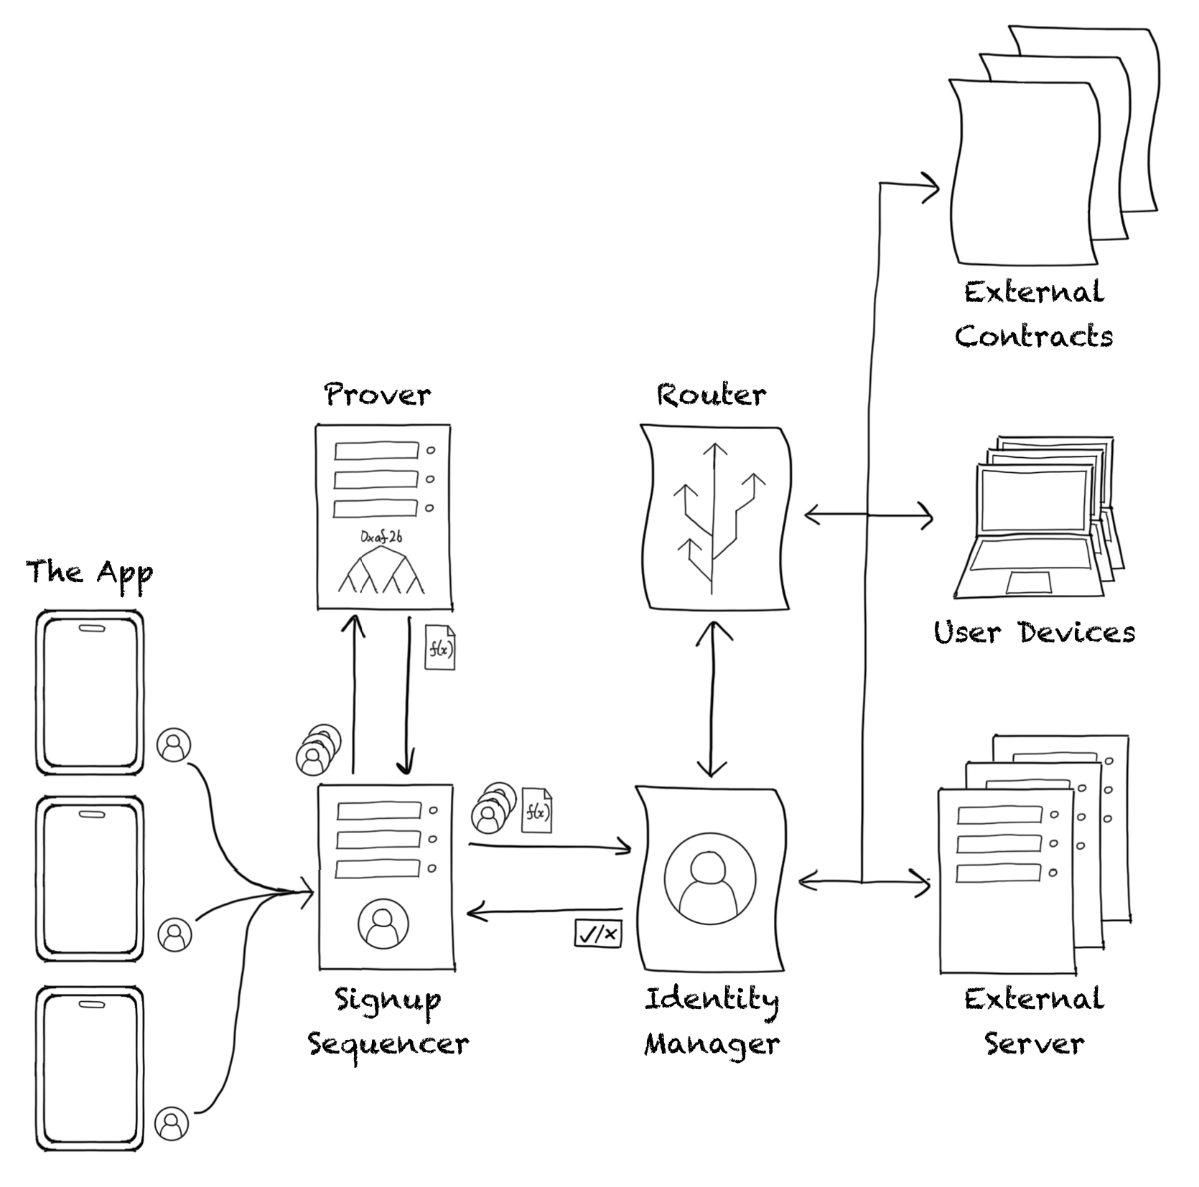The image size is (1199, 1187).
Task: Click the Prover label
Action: pyautogui.click(x=378, y=395)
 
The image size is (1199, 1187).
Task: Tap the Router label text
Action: pyautogui.click(x=711, y=395)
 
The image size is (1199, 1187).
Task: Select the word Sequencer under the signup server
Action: pyautogui.click(x=388, y=1044)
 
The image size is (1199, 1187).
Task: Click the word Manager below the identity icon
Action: pyautogui.click(x=712, y=1044)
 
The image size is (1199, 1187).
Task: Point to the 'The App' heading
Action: pyautogui.click(x=89, y=573)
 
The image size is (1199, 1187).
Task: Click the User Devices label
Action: pyautogui.click(x=1034, y=632)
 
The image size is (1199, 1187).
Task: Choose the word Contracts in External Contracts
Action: pyautogui.click(x=1033, y=336)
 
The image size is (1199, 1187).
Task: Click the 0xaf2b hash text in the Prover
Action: pyautogui.click(x=381, y=537)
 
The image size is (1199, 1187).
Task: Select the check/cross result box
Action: pyautogui.click(x=598, y=934)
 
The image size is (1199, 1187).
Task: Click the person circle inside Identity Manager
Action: pyautogui.click(x=710, y=879)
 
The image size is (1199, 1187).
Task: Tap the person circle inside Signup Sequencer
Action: pyautogui.click(x=383, y=923)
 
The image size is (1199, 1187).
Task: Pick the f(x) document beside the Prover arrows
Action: pyautogui.click(x=440, y=648)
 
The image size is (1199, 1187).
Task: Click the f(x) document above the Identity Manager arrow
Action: pyautogui.click(x=537, y=811)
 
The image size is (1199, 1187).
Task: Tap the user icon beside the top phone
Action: pyautogui.click(x=174, y=745)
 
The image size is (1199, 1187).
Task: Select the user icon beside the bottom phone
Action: pyautogui.click(x=172, y=1123)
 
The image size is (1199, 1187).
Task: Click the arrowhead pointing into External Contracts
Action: pyautogui.click(x=932, y=189)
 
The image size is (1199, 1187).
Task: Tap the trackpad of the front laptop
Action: pyautogui.click(x=1028, y=583)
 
